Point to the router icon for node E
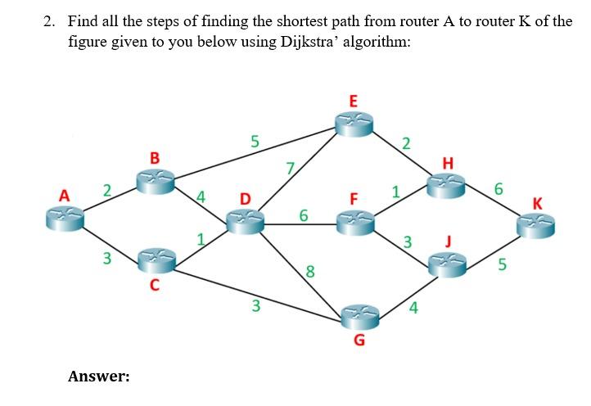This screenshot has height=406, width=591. [x=354, y=124]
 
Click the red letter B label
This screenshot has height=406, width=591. [x=155, y=156]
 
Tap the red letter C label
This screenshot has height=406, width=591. [x=153, y=286]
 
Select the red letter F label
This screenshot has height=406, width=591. [x=354, y=199]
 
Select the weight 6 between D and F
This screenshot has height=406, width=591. [x=303, y=216]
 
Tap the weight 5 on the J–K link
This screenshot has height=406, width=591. [x=503, y=265]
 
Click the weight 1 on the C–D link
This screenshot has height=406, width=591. [x=199, y=239]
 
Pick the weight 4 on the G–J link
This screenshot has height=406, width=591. [x=413, y=309]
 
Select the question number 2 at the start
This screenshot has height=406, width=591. [x=48, y=21]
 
